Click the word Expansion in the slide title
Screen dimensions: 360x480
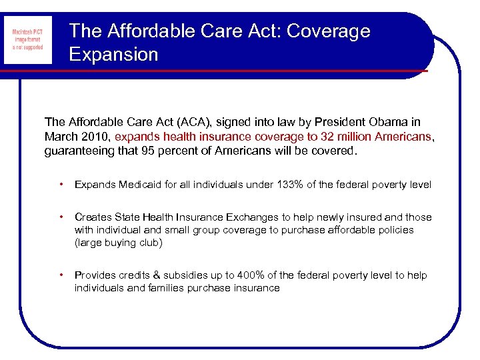point(113,54)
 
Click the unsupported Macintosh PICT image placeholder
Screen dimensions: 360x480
point(27,40)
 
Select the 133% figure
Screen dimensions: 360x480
point(291,185)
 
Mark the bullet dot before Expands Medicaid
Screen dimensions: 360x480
point(61,185)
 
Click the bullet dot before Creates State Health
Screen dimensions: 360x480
point(61,217)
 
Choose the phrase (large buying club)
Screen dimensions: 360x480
point(118,243)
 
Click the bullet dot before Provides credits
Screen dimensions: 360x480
point(61,275)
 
